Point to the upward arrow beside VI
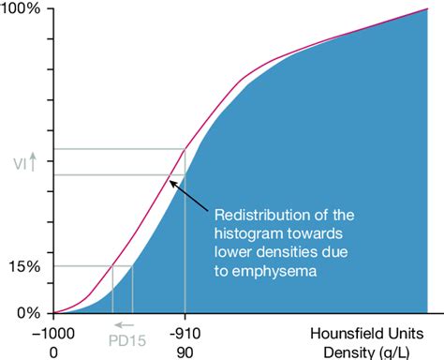pyautogui.click(x=33, y=162)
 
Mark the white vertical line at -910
pyautogui.click(x=185, y=244)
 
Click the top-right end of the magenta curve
pyautogui.click(x=427, y=9)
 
